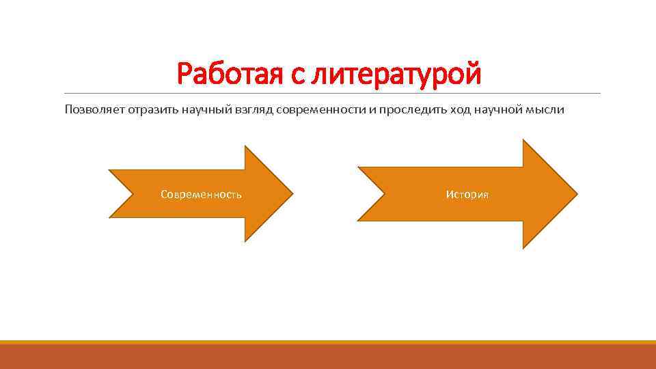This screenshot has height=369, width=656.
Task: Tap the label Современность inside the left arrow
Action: (x=201, y=195)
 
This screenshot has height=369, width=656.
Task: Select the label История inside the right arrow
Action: (x=467, y=195)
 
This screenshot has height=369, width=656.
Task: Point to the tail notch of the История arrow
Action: (x=383, y=194)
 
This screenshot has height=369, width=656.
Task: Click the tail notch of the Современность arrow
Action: (x=134, y=194)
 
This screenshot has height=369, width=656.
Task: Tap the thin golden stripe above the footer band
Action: (x=328, y=342)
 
